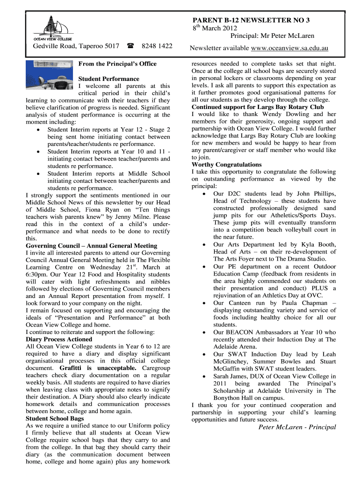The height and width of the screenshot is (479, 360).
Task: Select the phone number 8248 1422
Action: (157, 46)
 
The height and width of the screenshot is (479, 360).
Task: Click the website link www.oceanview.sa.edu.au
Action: (289, 48)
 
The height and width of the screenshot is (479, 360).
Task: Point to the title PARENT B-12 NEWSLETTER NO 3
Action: (251, 20)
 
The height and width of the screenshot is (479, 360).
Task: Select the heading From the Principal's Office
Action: (117, 64)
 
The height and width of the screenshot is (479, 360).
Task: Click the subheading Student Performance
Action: (108, 79)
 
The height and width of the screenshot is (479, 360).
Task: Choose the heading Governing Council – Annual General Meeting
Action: (92, 246)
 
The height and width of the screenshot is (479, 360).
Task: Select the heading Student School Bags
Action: (55, 419)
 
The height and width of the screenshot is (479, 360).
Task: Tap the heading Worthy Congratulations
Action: (227, 164)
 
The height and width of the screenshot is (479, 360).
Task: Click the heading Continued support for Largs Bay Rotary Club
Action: (258, 107)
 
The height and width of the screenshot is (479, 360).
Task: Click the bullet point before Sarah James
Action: (204, 376)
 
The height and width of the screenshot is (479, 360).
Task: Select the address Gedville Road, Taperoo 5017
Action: (76, 46)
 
